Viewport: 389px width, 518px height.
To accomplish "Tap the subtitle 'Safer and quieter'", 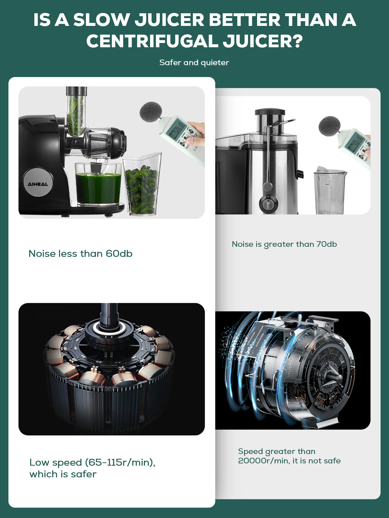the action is [194, 62].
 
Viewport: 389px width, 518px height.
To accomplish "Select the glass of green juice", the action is [98, 185].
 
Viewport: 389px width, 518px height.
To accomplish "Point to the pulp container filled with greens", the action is [142, 185].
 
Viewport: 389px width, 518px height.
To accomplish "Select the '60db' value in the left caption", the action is [119, 254].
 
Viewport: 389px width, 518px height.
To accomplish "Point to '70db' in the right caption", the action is [327, 244].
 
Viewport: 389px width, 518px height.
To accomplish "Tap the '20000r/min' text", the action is [264, 461].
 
